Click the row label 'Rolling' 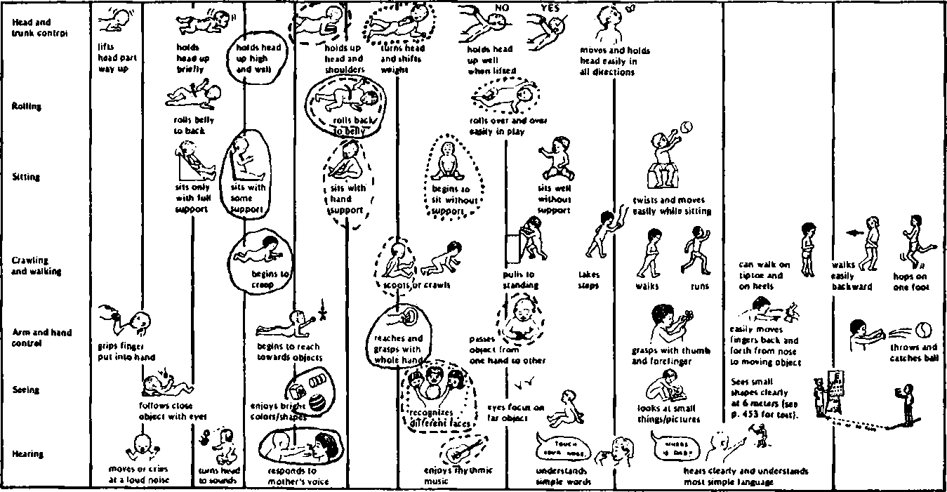click(26, 107)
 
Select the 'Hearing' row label click(27, 454)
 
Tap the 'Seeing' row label click(25, 390)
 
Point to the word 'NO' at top click(501, 7)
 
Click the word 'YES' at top click(550, 7)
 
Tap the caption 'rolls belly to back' click(194, 125)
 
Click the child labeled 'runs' click(694, 249)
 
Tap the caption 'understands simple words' click(563, 476)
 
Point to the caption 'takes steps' click(588, 280)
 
